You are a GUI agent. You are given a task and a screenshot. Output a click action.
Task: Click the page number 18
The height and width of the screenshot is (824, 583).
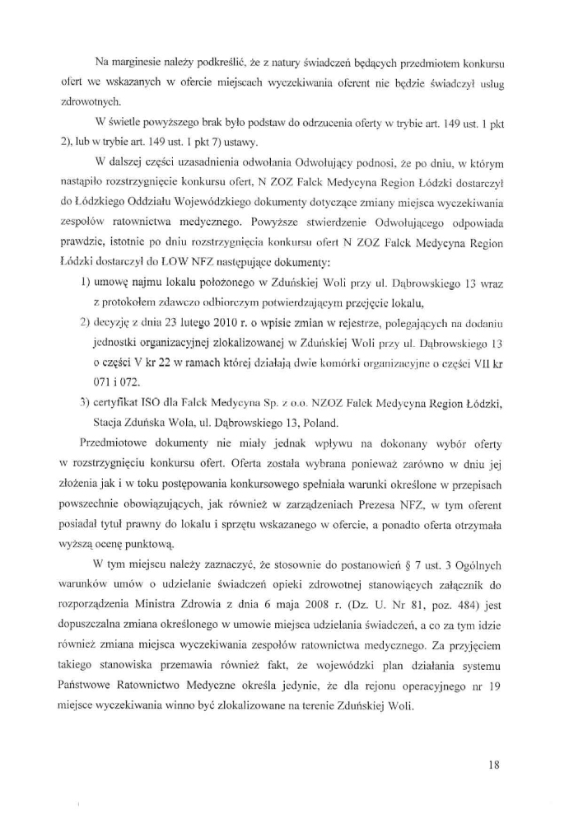coord(495,765)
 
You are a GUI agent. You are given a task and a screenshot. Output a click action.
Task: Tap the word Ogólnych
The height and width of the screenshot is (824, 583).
coord(481,555)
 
